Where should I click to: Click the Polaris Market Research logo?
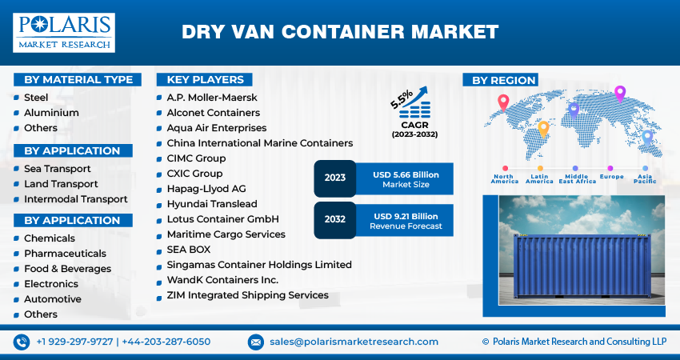64,32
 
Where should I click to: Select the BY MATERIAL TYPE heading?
78,79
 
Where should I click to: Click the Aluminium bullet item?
51,113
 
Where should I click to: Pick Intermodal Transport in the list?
75,199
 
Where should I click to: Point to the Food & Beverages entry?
67,269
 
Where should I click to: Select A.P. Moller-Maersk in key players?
212,98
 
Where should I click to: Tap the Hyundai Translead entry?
211,204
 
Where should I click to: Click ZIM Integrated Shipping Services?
247,295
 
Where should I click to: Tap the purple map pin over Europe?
619,94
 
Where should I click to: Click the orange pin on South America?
543,127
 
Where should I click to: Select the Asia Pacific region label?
645,178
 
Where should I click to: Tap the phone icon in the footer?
22,342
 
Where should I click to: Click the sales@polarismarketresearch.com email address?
354,342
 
